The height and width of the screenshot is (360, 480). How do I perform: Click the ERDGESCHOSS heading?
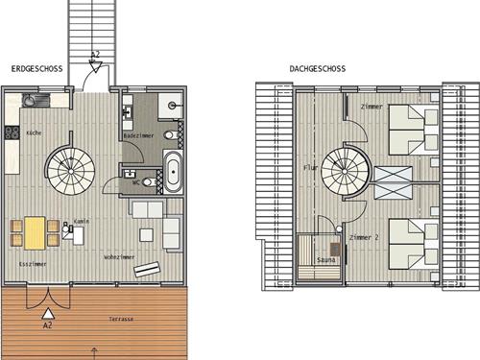[x=36, y=68]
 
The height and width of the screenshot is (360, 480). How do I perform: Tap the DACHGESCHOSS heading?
[x=318, y=68]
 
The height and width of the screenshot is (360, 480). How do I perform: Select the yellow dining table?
[x=35, y=233]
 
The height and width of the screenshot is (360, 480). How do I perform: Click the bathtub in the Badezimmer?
[x=173, y=172]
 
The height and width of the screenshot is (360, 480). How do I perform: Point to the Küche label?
[x=34, y=132]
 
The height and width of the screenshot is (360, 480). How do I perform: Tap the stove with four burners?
[x=12, y=132]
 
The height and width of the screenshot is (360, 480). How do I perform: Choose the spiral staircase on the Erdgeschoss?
[x=70, y=170]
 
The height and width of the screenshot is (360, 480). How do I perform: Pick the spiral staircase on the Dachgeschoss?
[x=345, y=171]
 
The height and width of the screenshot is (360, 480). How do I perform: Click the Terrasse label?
[x=121, y=319]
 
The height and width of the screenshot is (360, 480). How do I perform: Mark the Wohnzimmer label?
[x=119, y=257]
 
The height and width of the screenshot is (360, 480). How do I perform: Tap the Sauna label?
[x=326, y=260]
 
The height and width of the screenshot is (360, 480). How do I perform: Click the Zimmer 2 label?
[x=364, y=237]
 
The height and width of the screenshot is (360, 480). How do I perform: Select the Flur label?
[x=310, y=168]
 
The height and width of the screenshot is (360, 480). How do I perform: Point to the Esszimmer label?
[x=33, y=264]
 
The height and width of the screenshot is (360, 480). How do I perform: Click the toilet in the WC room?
[x=149, y=182]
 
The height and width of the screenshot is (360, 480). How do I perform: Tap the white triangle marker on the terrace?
[x=48, y=314]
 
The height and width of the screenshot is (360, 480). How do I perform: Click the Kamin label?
[x=82, y=221]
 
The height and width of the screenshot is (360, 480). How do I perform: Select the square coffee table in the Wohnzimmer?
[x=146, y=235]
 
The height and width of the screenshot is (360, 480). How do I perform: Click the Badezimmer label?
[x=138, y=135]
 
